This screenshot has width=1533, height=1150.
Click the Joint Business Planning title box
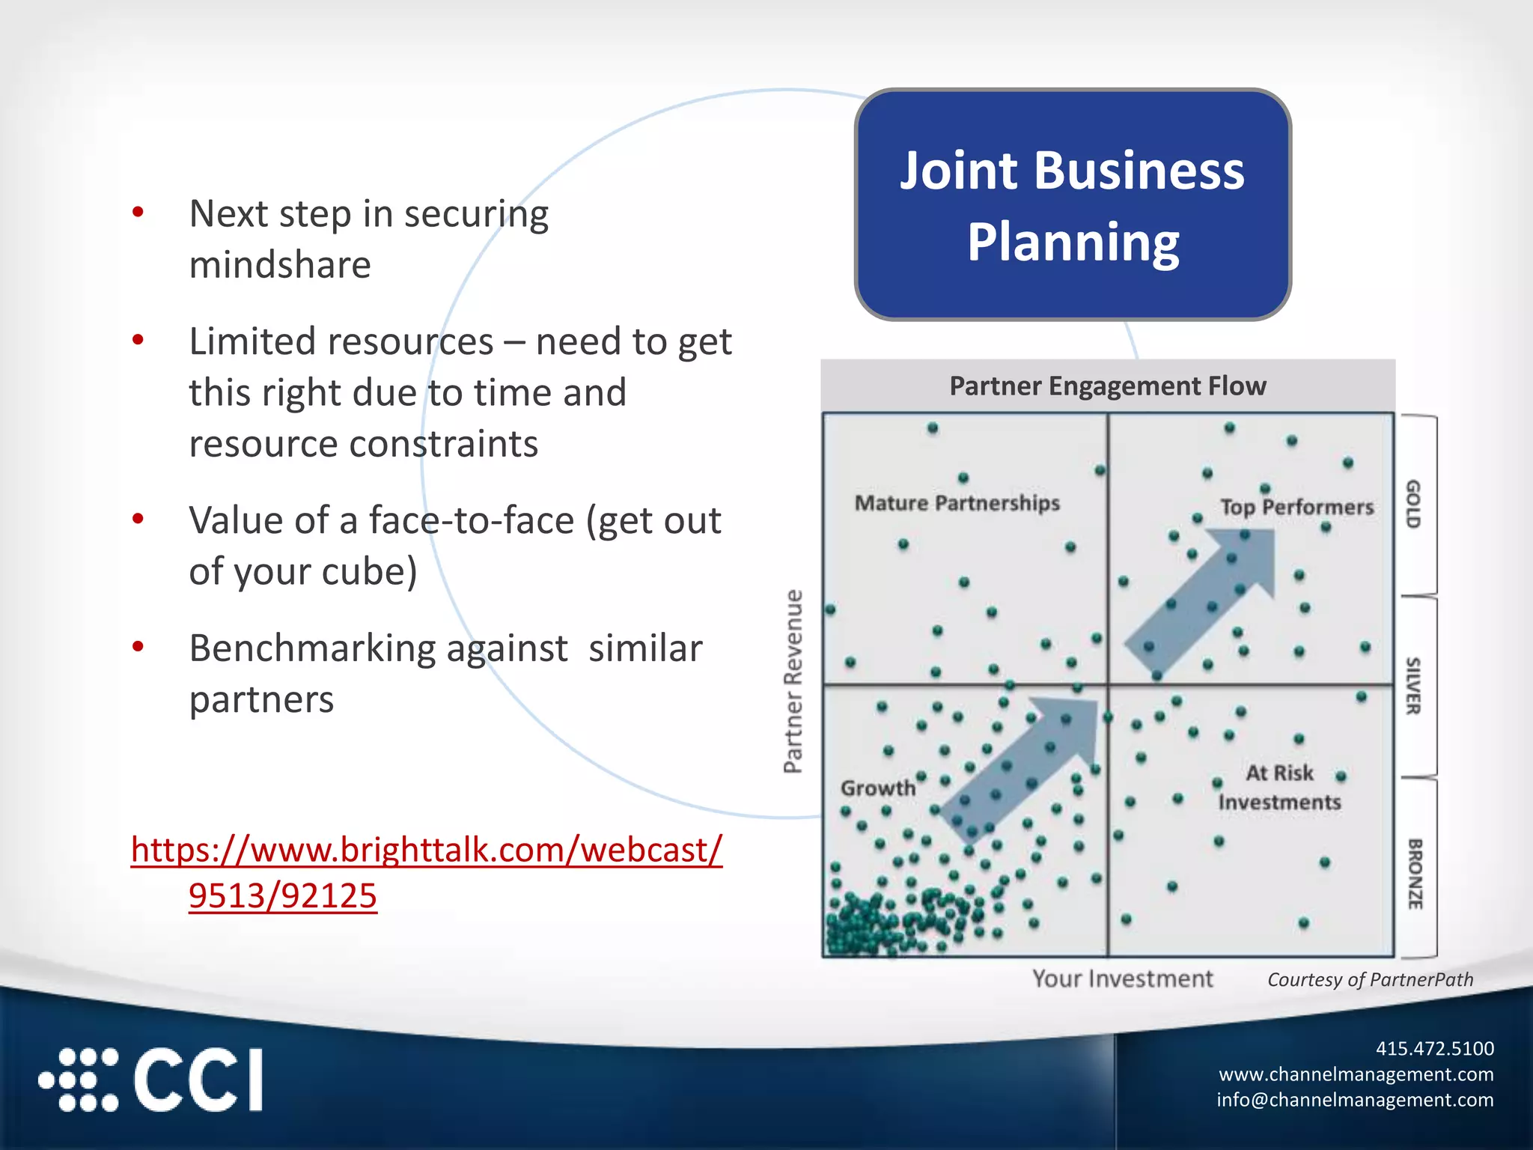[1073, 204]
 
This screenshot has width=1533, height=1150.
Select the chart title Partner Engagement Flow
[1107, 386]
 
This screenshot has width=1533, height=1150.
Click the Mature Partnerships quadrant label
[957, 503]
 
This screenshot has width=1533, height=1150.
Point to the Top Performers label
[1296, 507]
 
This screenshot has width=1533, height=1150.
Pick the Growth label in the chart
[877, 788]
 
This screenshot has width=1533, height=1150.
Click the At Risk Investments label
[1278, 788]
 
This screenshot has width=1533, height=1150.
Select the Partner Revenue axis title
[793, 681]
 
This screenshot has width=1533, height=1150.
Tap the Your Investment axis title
[1122, 979]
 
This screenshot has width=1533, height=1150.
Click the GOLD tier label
[1412, 504]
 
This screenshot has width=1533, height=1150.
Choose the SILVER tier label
[1412, 686]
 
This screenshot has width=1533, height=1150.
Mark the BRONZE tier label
[1414, 874]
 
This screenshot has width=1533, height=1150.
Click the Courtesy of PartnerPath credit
[1370, 980]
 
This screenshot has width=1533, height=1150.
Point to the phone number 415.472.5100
[1434, 1048]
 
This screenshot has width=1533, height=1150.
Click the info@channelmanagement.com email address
[1355, 1099]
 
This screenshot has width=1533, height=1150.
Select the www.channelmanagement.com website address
[1356, 1074]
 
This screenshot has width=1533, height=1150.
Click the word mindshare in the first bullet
[280, 265]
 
